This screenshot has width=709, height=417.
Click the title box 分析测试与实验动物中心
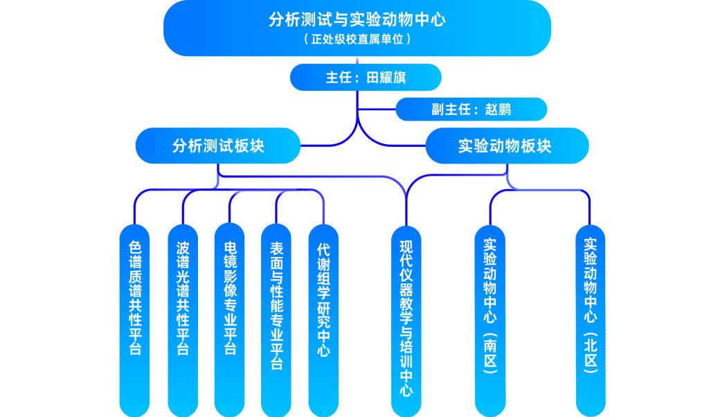tap(357, 19)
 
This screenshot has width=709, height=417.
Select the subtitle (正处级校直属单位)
tap(357, 39)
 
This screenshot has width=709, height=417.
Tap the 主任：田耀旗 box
tap(365, 78)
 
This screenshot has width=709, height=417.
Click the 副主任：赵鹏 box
tap(471, 109)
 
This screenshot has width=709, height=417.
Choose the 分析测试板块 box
tap(218, 146)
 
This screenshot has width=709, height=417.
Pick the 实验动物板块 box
tap(507, 146)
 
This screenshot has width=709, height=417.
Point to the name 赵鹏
tap(499, 109)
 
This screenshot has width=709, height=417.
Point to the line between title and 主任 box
tap(357, 60)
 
